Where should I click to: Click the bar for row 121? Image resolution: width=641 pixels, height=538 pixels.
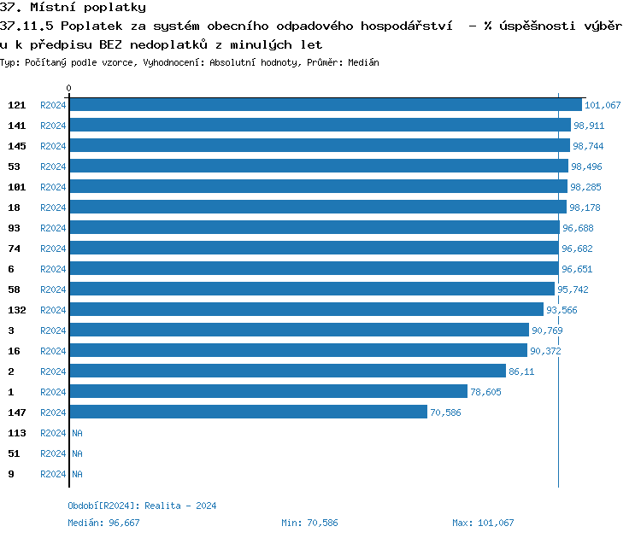click(x=325, y=105)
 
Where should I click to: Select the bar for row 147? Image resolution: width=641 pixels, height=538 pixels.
click(x=248, y=412)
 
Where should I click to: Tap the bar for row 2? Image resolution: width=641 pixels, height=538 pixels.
click(x=287, y=371)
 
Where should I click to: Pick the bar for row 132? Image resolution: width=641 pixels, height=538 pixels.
click(x=306, y=310)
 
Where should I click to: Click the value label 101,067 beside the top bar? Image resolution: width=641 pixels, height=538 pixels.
click(x=603, y=105)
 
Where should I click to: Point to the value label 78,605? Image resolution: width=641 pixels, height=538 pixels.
click(x=486, y=392)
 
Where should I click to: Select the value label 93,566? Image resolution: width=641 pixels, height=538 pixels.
click(x=562, y=310)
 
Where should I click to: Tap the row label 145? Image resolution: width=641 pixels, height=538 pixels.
click(x=17, y=146)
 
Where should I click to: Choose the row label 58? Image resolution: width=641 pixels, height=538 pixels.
click(x=15, y=289)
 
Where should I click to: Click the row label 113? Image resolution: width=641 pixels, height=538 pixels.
click(x=17, y=433)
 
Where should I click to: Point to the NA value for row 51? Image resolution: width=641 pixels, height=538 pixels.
click(x=77, y=453)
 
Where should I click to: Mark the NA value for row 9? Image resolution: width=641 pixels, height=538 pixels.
click(x=77, y=474)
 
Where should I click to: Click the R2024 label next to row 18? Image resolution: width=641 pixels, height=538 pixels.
click(x=53, y=208)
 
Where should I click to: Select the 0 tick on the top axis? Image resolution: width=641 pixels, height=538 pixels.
click(x=69, y=89)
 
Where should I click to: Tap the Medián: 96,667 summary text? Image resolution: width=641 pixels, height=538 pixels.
click(x=103, y=523)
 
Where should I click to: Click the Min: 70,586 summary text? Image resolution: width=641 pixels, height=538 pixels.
click(x=309, y=523)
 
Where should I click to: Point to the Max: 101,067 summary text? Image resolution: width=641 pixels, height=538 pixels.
click(x=483, y=523)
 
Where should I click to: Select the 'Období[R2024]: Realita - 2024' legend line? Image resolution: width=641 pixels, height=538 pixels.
click(x=142, y=506)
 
